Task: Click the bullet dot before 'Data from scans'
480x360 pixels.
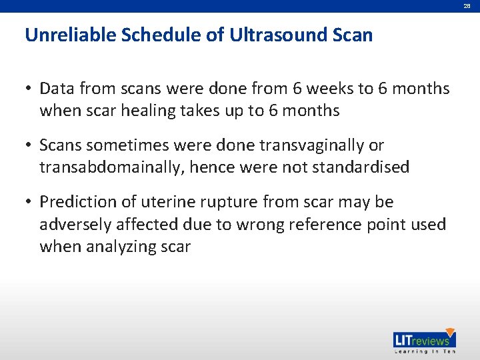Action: click(x=30, y=89)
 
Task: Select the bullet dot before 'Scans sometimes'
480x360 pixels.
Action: click(x=30, y=145)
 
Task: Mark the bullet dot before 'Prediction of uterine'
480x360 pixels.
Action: click(x=30, y=202)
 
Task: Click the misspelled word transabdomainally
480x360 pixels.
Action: click(x=110, y=167)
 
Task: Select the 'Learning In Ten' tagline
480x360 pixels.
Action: click(x=424, y=351)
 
